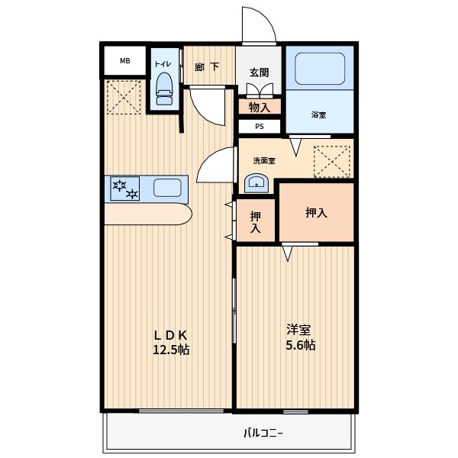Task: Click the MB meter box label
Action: coord(125,61)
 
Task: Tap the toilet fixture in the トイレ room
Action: coord(164,89)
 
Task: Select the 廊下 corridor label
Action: coord(207,67)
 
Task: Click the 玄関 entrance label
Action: coord(259,73)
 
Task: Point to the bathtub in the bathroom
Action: coord(320,69)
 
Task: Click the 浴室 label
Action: coord(318,114)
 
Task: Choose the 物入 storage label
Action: coord(260,107)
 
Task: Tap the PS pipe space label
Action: coord(260,127)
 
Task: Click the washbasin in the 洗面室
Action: coord(256,183)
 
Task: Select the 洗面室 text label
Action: coord(264,160)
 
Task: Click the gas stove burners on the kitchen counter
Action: coord(125,189)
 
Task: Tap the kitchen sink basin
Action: coord(167,188)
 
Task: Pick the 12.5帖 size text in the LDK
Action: coord(171,350)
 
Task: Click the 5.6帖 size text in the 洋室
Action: coord(300,345)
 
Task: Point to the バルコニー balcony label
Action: coord(263,433)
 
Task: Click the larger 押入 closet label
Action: coord(316,213)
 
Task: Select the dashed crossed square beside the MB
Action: coord(124,97)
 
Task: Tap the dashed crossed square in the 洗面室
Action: coord(332,162)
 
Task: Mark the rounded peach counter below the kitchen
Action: coord(148,214)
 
